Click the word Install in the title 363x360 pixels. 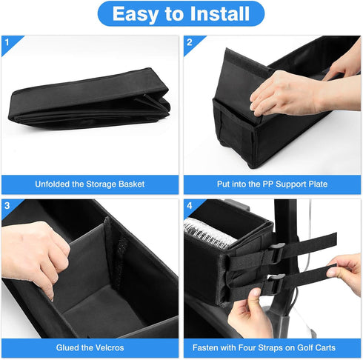220,14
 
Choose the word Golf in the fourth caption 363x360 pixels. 304,347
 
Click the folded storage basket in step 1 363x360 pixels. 89,99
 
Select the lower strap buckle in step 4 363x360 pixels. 274,284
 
